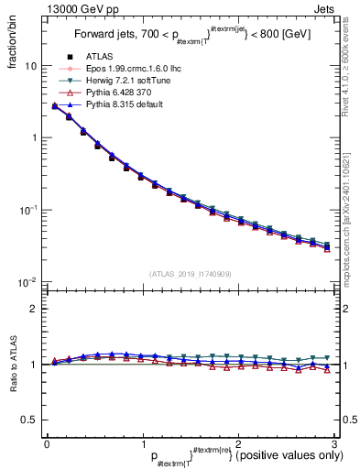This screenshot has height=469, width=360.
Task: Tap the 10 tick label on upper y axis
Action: [x=30, y=67]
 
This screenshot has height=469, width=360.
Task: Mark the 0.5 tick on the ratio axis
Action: [x=27, y=420]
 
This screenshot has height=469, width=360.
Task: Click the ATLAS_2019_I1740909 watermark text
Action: [x=191, y=274]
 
